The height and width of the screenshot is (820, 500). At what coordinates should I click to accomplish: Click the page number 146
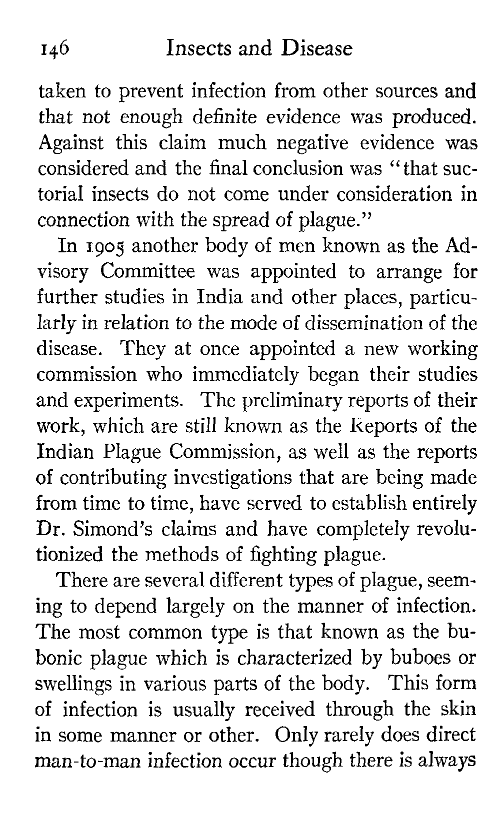coord(55,49)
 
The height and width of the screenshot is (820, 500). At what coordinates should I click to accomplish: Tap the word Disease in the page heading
coord(316,48)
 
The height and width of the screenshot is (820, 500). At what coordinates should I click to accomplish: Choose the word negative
coord(309,143)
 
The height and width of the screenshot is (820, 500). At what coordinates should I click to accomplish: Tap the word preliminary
coord(288,401)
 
